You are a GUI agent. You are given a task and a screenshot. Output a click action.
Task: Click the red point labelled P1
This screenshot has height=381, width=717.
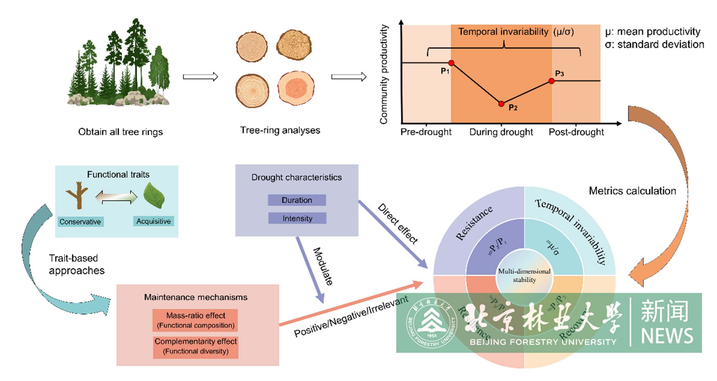click(x=451, y=63)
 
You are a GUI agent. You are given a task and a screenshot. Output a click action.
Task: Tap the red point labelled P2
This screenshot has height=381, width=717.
click(x=501, y=104)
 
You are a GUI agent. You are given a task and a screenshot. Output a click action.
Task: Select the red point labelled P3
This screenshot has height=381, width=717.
click(x=551, y=81)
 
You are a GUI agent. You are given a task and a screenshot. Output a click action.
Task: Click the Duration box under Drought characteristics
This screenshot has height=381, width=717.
click(x=297, y=200)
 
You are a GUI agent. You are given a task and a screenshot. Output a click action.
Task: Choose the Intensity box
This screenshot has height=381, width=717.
click(x=297, y=218)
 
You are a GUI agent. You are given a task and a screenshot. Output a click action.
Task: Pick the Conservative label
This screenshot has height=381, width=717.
click(x=80, y=222)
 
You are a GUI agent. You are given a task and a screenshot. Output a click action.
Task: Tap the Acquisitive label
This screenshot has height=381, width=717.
click(x=154, y=221)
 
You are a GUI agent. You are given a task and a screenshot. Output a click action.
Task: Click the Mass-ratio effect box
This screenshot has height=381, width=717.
click(x=195, y=320)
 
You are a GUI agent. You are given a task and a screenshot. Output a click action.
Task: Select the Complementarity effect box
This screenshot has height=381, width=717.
click(x=196, y=346)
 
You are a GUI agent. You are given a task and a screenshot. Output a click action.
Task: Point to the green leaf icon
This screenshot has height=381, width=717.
click(x=154, y=196)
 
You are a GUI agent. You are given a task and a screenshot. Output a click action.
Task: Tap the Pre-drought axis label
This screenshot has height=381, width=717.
click(x=426, y=132)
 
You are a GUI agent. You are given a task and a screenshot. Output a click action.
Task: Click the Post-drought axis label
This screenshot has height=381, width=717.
click(x=576, y=132)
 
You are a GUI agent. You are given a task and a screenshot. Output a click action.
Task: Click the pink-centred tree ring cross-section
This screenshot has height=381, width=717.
click(x=296, y=88)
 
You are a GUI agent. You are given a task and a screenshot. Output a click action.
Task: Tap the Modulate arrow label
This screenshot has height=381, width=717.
click(x=323, y=266)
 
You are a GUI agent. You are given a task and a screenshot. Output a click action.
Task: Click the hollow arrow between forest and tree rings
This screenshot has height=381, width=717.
click(x=200, y=77)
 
